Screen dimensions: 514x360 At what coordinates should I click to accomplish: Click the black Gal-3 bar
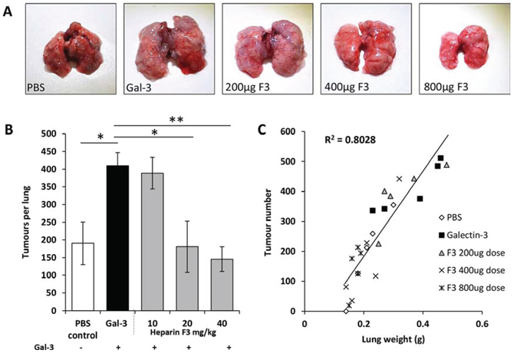(x=117, y=238)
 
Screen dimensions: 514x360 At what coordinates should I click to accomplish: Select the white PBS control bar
(x=83, y=277)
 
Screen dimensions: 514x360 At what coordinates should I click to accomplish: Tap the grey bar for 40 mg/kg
(x=222, y=285)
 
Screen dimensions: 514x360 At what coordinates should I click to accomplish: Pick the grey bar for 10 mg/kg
(x=153, y=242)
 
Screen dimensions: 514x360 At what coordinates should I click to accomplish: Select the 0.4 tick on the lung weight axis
(x=423, y=324)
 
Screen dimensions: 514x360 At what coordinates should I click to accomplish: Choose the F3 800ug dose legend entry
(x=471, y=288)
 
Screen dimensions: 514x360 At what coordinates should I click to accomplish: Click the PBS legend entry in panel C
(x=450, y=217)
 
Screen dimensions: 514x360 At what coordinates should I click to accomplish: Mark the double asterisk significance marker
(x=176, y=120)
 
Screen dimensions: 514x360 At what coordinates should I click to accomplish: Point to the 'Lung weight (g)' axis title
(x=393, y=339)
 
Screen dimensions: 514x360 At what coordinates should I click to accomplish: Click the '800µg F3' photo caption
(x=446, y=88)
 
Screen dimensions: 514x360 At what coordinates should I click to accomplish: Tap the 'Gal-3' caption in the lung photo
(x=139, y=88)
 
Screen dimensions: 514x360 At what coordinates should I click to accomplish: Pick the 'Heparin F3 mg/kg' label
(x=183, y=333)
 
